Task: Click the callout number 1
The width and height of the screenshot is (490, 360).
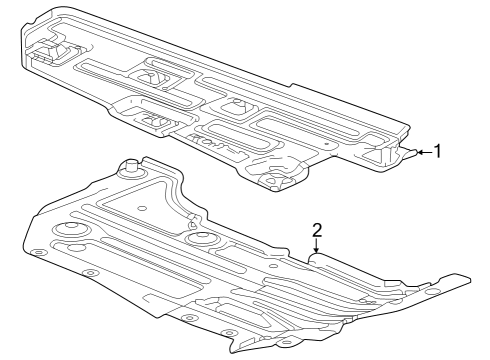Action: (x=436, y=152)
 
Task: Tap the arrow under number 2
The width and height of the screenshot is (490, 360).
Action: (x=316, y=247)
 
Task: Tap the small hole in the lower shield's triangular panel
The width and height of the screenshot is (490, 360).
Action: (x=143, y=208)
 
